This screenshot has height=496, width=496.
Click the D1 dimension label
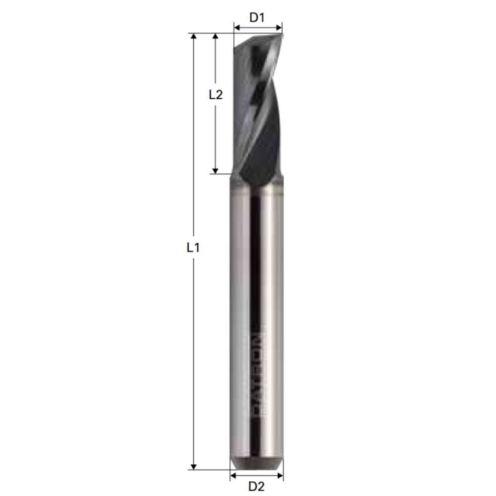(x=257, y=16)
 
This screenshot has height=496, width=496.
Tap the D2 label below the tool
(x=257, y=486)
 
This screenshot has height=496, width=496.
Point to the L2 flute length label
(x=216, y=94)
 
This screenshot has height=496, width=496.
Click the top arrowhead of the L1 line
(x=193, y=36)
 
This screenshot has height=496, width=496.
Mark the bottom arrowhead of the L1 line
(x=193, y=465)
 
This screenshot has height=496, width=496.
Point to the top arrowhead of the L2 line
(x=215, y=36)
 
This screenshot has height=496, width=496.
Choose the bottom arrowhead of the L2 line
(x=215, y=169)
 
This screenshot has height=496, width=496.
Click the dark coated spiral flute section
(x=259, y=106)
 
